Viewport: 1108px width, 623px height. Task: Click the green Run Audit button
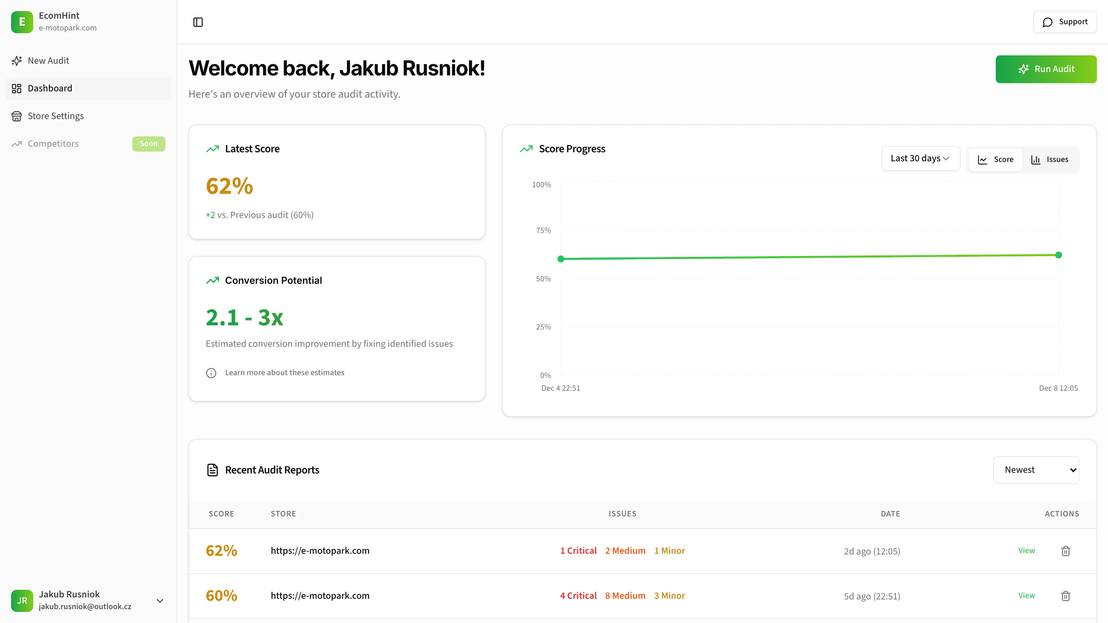pyautogui.click(x=1046, y=69)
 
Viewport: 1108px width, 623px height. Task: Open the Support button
pyautogui.click(x=1065, y=22)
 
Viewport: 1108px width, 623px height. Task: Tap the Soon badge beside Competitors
pyautogui.click(x=149, y=144)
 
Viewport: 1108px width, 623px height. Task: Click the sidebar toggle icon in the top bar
pyautogui.click(x=198, y=22)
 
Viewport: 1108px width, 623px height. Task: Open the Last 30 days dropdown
pyautogui.click(x=920, y=159)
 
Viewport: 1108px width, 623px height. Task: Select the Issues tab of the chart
pyautogui.click(x=1049, y=160)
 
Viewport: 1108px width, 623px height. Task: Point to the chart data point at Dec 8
pyautogui.click(x=1058, y=255)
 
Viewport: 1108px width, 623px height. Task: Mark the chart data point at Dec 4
pyautogui.click(x=561, y=259)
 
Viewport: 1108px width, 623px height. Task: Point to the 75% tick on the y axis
pyautogui.click(x=543, y=231)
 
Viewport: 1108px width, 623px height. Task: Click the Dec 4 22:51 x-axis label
pyautogui.click(x=561, y=388)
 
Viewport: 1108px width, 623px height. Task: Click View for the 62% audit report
pyautogui.click(x=1026, y=551)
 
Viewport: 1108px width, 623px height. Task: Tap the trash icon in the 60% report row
pyautogui.click(x=1065, y=596)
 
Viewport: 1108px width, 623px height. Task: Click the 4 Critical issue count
pyautogui.click(x=578, y=596)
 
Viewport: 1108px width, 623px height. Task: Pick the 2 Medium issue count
pyautogui.click(x=625, y=551)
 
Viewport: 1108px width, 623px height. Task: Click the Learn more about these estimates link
pyautogui.click(x=284, y=373)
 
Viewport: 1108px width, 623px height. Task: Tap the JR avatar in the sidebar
pyautogui.click(x=22, y=601)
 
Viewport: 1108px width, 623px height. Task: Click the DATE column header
pyautogui.click(x=890, y=514)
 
